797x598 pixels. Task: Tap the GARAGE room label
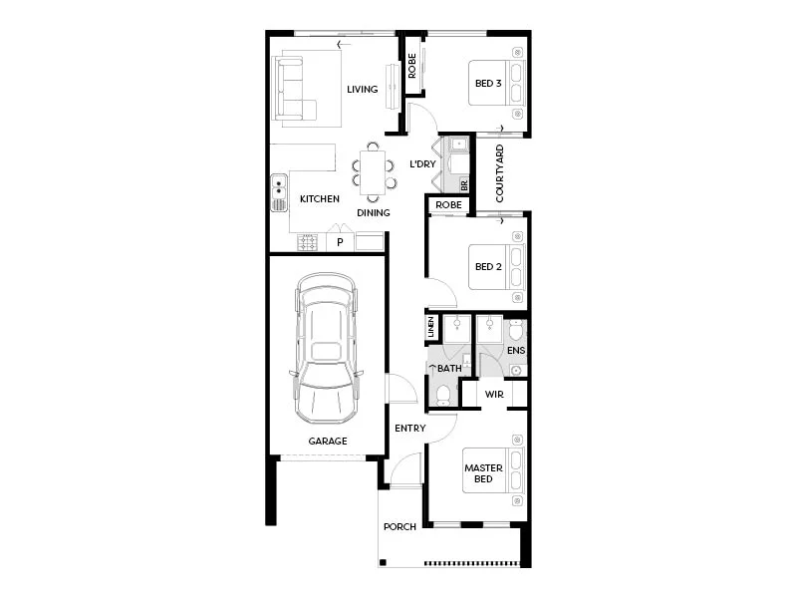[327, 441]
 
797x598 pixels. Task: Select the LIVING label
[362, 90]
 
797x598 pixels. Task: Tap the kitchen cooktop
[307, 242]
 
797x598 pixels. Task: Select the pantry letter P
[340, 242]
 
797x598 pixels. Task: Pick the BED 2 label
[487, 266]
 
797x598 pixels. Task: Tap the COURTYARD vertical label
[500, 174]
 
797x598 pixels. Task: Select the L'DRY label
[424, 163]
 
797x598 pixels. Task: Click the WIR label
[493, 395]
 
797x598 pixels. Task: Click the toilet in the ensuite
[515, 329]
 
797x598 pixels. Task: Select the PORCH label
[398, 527]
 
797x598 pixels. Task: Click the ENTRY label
[409, 429]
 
